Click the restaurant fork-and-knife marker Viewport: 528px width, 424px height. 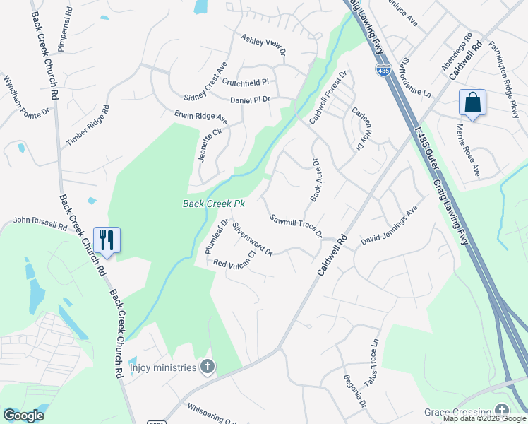tap(107, 240)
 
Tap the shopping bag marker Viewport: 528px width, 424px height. tap(472, 102)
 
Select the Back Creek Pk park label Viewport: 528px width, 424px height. tap(213, 204)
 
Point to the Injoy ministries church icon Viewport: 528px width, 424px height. tap(208, 367)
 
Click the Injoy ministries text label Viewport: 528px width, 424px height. tap(162, 367)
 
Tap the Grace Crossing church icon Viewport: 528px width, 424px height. tap(501, 411)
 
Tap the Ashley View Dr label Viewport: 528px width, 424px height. tap(263, 44)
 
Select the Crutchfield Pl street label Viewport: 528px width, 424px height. tap(246, 82)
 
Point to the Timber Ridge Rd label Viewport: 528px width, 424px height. tap(88, 126)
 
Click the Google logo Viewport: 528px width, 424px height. tap(23, 416)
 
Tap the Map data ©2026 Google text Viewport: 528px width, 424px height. tap(484, 419)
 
